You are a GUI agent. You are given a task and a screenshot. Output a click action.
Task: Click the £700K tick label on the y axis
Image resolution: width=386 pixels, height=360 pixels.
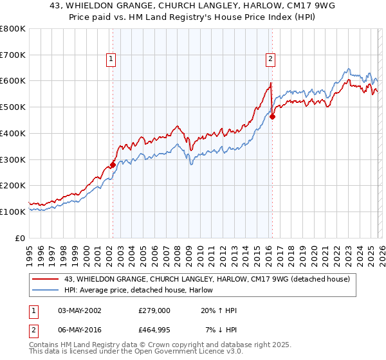[14, 55]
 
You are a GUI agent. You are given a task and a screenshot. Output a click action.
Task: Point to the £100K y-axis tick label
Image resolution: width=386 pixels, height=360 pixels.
[14, 212]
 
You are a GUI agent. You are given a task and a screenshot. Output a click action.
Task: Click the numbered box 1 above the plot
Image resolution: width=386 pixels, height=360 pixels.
[112, 59]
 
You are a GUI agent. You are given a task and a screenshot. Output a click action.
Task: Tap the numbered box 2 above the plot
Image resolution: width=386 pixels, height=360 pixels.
[270, 59]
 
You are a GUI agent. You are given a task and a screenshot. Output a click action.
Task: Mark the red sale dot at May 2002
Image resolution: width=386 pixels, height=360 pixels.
[113, 165]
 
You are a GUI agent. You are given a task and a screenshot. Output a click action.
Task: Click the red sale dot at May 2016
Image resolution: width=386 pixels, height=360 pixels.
[272, 116]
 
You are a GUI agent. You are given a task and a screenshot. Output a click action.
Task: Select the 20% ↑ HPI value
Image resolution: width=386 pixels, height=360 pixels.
[219, 310]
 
